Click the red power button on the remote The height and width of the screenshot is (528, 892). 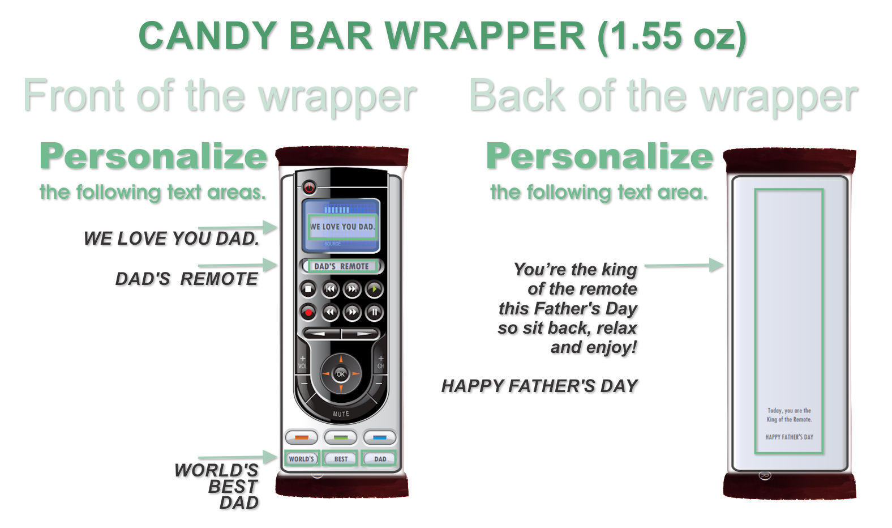point(309,188)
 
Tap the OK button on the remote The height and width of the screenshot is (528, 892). point(341,374)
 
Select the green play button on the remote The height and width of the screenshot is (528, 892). point(374,289)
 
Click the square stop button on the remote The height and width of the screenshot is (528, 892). point(308,289)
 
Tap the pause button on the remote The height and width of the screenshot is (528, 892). point(374,312)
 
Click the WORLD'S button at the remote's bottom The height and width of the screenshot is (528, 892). point(302,459)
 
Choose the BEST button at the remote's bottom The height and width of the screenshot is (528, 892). point(341,459)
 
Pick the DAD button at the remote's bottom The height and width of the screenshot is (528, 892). point(380,459)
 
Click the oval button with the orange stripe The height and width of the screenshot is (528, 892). point(302,437)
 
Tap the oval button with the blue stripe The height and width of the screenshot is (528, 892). point(380,437)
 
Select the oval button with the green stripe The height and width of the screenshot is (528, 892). point(341,437)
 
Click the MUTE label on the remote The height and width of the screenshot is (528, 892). point(341,414)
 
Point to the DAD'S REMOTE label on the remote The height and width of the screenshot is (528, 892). point(341,266)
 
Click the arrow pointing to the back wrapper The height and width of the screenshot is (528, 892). point(684,265)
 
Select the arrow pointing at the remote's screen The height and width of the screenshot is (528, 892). point(238,228)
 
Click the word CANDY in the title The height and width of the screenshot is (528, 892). point(208,36)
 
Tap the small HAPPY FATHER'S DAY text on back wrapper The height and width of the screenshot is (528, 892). point(789,437)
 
